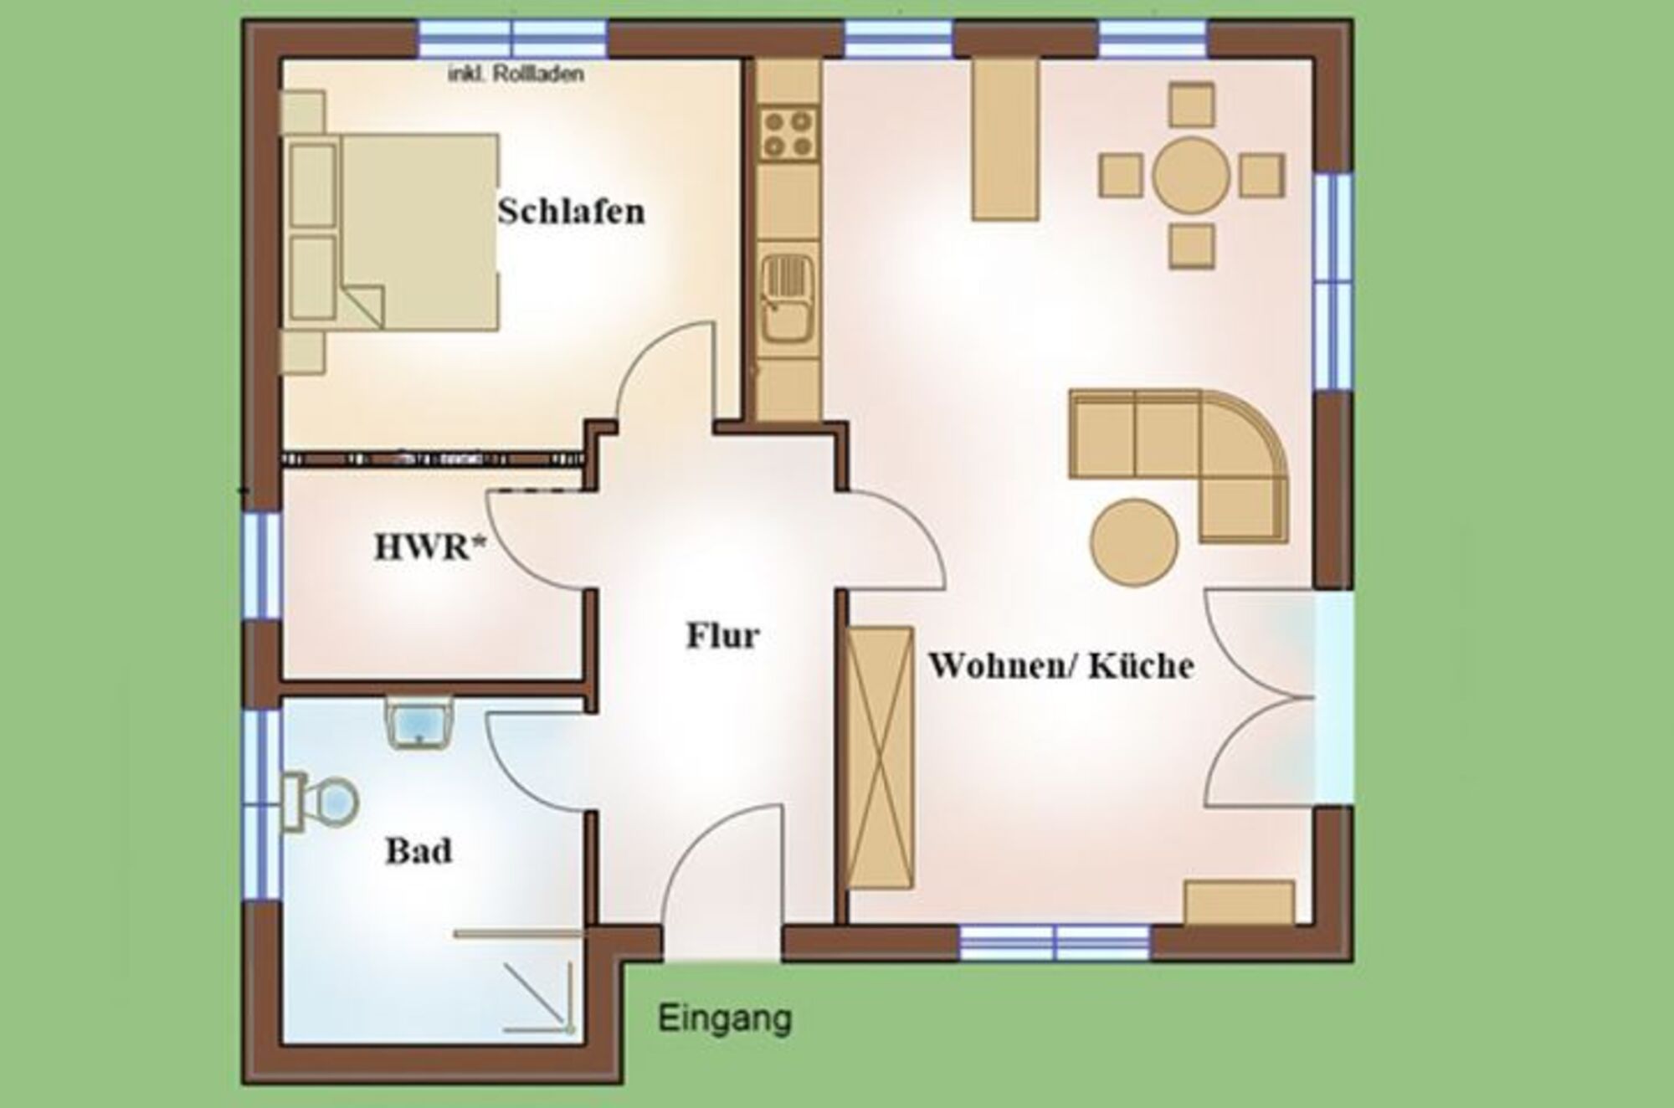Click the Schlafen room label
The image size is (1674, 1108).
point(572,211)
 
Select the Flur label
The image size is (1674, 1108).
point(723,635)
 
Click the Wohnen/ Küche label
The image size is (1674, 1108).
point(1061,665)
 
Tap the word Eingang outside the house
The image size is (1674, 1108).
point(725,1019)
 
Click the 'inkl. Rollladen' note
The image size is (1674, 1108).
point(516,74)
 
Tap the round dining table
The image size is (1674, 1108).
point(1191,177)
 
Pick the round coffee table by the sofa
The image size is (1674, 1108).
point(1134,541)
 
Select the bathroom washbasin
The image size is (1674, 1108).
point(420,721)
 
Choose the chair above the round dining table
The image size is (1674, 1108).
point(1192,105)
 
